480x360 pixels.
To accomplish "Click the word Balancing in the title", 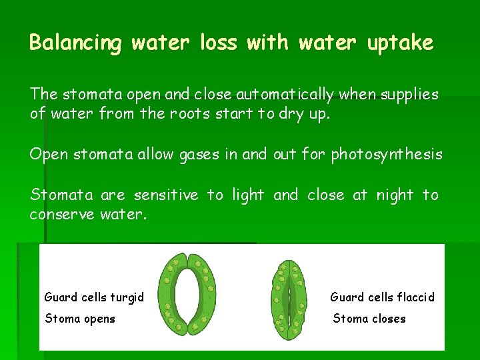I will tap(75, 43).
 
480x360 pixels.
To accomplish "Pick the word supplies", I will tap(409, 95).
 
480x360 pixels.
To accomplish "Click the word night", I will tap(396, 195).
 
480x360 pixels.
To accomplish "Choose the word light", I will tap(248, 195).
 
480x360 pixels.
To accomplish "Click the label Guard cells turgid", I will tap(94, 297).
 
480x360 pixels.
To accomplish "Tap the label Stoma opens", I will tap(80, 319).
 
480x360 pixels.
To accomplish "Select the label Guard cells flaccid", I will tap(382, 297).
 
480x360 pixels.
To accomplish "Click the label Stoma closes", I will tap(369, 319).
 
